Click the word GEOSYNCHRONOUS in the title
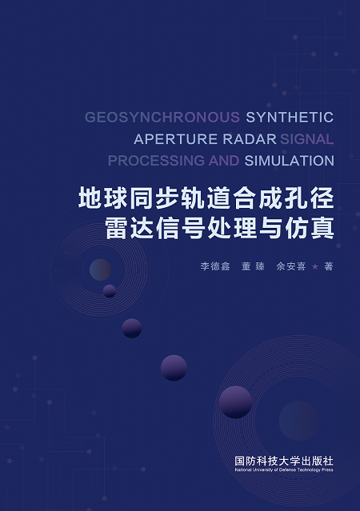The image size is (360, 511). tap(162, 118)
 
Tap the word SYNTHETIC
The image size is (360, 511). tap(290, 118)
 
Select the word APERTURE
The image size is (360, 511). tap(176, 139)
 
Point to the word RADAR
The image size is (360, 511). tap(250, 139)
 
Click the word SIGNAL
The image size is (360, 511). tap(307, 139)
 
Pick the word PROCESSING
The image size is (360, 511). tap(156, 161)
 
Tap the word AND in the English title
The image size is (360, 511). tap(224, 161)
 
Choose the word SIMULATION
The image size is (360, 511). tap(290, 161)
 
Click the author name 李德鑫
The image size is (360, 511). tap(215, 266)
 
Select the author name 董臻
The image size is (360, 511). tap(253, 266)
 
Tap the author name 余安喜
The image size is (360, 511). tap(291, 266)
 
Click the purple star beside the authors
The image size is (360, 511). tap(315, 266)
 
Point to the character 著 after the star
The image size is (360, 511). tap(328, 266)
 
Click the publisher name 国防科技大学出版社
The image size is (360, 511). tap(284, 461)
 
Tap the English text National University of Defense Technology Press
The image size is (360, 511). tap(284, 470)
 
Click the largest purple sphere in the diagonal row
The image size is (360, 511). tap(235, 402)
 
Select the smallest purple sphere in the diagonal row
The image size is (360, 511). tap(110, 291)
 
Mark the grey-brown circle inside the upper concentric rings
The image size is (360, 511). tap(101, 269)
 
